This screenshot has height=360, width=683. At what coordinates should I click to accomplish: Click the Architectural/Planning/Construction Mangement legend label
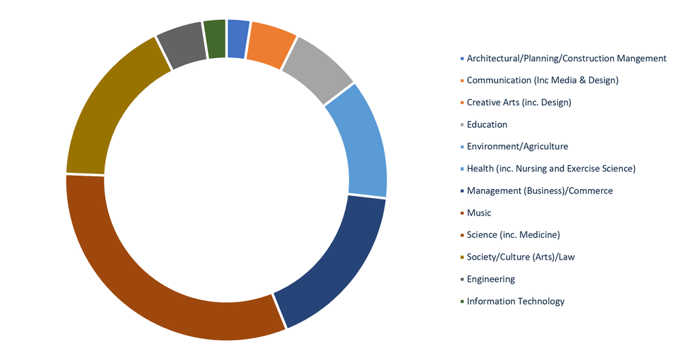566,59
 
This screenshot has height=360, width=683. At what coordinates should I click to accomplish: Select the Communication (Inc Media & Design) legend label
542,81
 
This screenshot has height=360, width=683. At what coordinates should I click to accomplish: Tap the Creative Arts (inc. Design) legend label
518,102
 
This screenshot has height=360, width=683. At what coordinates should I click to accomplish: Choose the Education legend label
487,124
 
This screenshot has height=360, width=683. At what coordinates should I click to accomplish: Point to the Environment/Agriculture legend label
517,146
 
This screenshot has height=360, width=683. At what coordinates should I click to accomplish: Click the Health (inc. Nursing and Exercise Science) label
550,169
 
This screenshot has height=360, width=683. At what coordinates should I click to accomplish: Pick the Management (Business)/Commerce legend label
540,191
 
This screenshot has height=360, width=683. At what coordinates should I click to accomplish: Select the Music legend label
479,213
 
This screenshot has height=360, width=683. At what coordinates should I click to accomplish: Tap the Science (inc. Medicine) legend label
513,235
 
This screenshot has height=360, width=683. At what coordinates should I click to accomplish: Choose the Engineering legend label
490,279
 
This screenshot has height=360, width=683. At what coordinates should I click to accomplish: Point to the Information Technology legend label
516,301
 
